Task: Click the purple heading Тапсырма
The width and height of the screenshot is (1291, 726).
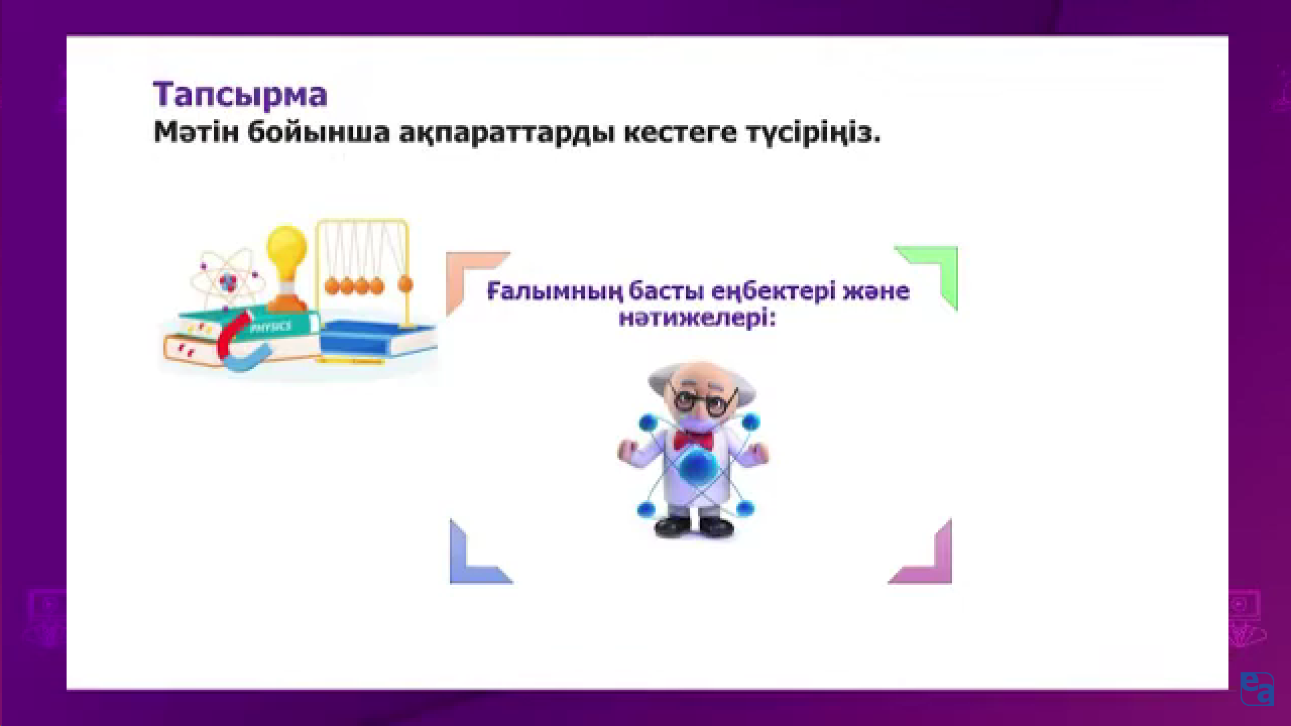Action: coord(240,95)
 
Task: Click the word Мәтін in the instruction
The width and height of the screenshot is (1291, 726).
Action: coord(196,132)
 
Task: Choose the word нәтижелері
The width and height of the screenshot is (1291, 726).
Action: coord(697,317)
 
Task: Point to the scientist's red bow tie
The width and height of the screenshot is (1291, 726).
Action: coord(694,440)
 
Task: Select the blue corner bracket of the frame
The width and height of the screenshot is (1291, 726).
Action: coord(471,561)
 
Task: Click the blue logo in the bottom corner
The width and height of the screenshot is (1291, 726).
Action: coord(1257,688)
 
